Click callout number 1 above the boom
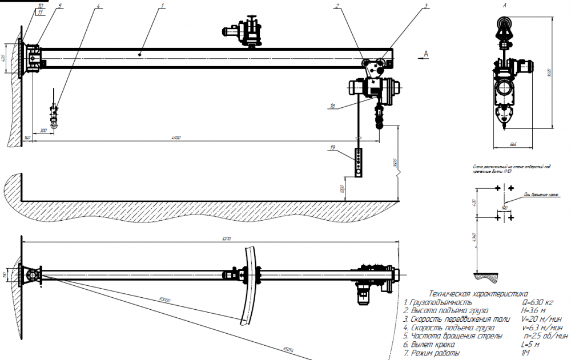tap(163, 6)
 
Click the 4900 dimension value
tap(177, 137)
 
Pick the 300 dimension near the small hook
tap(43, 131)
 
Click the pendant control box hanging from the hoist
tap(359, 163)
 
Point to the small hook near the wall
tap(54, 114)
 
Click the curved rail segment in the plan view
tap(252, 283)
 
